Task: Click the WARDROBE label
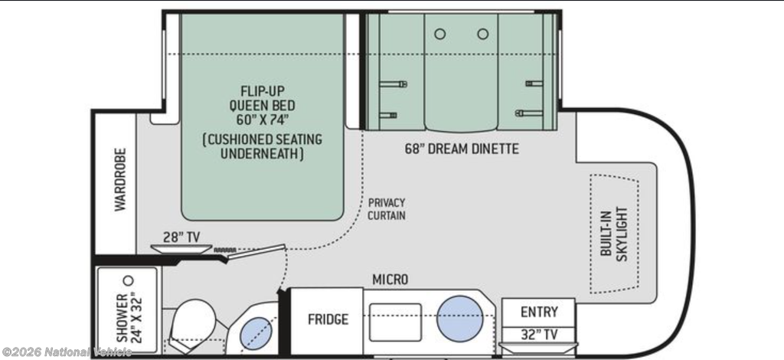[x=120, y=179]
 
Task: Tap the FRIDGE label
[x=328, y=319]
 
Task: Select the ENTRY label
[x=539, y=312]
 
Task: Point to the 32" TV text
[x=539, y=335]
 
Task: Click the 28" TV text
[x=181, y=237]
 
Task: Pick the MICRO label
[x=390, y=280]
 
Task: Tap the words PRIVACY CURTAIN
[x=387, y=209]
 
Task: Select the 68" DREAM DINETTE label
[x=462, y=149]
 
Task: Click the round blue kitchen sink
[x=460, y=319]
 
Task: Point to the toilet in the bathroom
[x=191, y=323]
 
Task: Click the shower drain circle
[x=129, y=280]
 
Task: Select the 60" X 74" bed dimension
[x=262, y=120]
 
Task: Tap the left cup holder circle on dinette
[x=440, y=34]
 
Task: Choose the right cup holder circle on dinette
[x=482, y=34]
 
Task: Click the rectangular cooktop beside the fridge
[x=395, y=322]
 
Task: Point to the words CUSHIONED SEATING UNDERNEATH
[x=262, y=146]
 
